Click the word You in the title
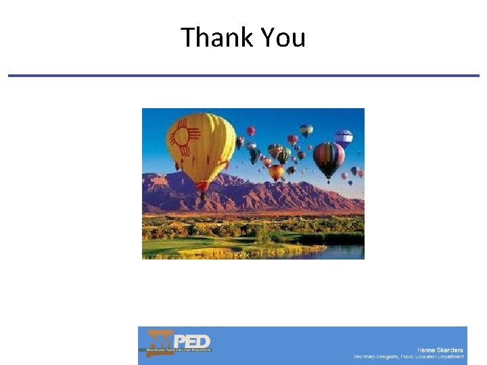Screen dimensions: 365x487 pyautogui.click(x=283, y=37)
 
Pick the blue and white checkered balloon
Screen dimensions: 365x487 pyautogui.click(x=343, y=139)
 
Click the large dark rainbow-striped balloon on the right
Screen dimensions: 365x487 pyautogui.click(x=329, y=159)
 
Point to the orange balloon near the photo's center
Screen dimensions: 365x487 pyautogui.click(x=276, y=172)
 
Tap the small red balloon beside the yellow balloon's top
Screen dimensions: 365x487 pyautogui.click(x=251, y=130)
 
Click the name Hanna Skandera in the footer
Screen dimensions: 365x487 pyautogui.click(x=440, y=349)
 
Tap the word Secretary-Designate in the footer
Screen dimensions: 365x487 pyautogui.click(x=376, y=356)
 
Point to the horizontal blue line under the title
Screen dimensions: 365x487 pyautogui.click(x=243, y=76)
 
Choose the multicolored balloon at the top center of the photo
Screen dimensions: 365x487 pyautogui.click(x=306, y=130)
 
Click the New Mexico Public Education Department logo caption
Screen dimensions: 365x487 pyautogui.click(x=175, y=350)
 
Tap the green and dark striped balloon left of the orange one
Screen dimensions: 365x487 pyautogui.click(x=283, y=155)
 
